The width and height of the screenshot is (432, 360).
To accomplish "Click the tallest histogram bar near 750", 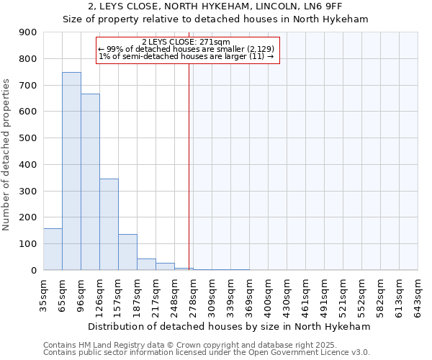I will tap(71, 171).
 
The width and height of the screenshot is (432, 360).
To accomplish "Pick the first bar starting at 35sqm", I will tap(53, 249).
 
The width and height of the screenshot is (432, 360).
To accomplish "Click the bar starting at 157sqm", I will tap(127, 252).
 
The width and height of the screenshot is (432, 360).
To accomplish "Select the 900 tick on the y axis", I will tap(28, 32).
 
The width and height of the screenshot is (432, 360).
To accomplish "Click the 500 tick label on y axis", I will tap(28, 138).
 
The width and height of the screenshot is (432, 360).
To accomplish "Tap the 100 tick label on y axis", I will tap(28, 244).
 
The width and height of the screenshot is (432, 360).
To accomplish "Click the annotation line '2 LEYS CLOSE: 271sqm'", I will tap(186, 42).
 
